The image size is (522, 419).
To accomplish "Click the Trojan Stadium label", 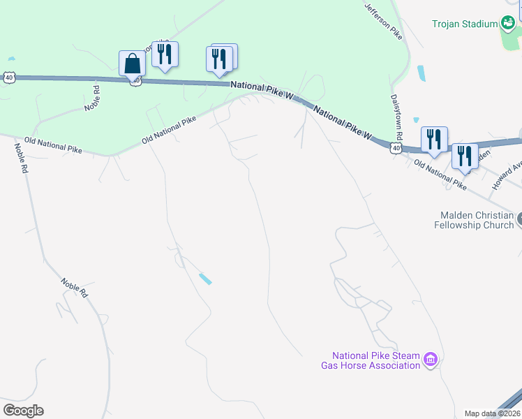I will pos(463,24).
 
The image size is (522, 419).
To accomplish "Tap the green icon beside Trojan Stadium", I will pos(509,23).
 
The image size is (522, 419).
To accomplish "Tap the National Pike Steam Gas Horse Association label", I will pos(371,360).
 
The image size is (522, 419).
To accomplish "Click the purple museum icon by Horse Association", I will pos(431,360).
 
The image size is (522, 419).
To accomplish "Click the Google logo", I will pos(23,410).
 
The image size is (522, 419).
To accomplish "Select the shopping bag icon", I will pos(132,64).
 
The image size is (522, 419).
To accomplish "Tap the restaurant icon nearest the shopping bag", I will pos(165,54).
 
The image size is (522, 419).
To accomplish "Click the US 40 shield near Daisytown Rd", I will pos(396,148).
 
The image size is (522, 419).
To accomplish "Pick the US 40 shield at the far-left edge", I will pos(8,78).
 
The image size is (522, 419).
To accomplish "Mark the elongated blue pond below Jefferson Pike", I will pos(421,73).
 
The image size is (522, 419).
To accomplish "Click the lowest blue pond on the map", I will pos(205,279).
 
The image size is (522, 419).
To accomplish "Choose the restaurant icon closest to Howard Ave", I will pos(464,156).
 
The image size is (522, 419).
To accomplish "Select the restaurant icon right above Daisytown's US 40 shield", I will pos(433,140).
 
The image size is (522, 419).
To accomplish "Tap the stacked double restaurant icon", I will pos(221,59).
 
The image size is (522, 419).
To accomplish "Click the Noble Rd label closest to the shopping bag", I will pos(93,97).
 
